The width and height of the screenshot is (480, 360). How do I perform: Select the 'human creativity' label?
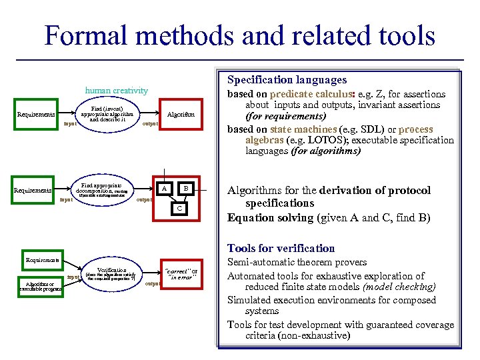[117, 91]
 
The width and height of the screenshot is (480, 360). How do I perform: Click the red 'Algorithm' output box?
[181, 115]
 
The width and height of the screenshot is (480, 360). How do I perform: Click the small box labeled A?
[164, 189]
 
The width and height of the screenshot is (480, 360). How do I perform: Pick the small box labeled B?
[187, 189]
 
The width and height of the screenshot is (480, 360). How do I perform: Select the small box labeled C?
[179, 209]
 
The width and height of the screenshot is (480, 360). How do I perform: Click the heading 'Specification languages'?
[287, 80]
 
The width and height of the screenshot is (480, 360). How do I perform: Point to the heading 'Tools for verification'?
[281, 248]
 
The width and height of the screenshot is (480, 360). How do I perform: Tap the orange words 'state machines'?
[301, 129]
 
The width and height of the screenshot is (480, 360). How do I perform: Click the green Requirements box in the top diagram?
[36, 115]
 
